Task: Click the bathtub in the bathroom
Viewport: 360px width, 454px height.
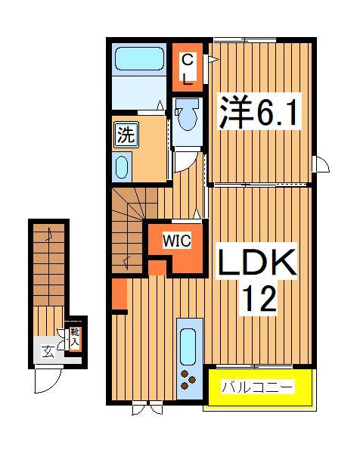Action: click(x=138, y=60)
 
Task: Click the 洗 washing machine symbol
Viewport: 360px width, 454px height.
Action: click(x=126, y=136)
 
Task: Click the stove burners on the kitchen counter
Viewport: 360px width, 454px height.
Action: click(x=189, y=378)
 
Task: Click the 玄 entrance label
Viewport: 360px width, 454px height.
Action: click(x=47, y=350)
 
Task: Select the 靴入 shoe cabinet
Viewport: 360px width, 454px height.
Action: click(x=75, y=336)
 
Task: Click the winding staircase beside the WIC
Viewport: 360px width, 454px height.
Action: click(x=129, y=227)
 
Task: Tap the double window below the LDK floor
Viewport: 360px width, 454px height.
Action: click(x=147, y=409)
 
